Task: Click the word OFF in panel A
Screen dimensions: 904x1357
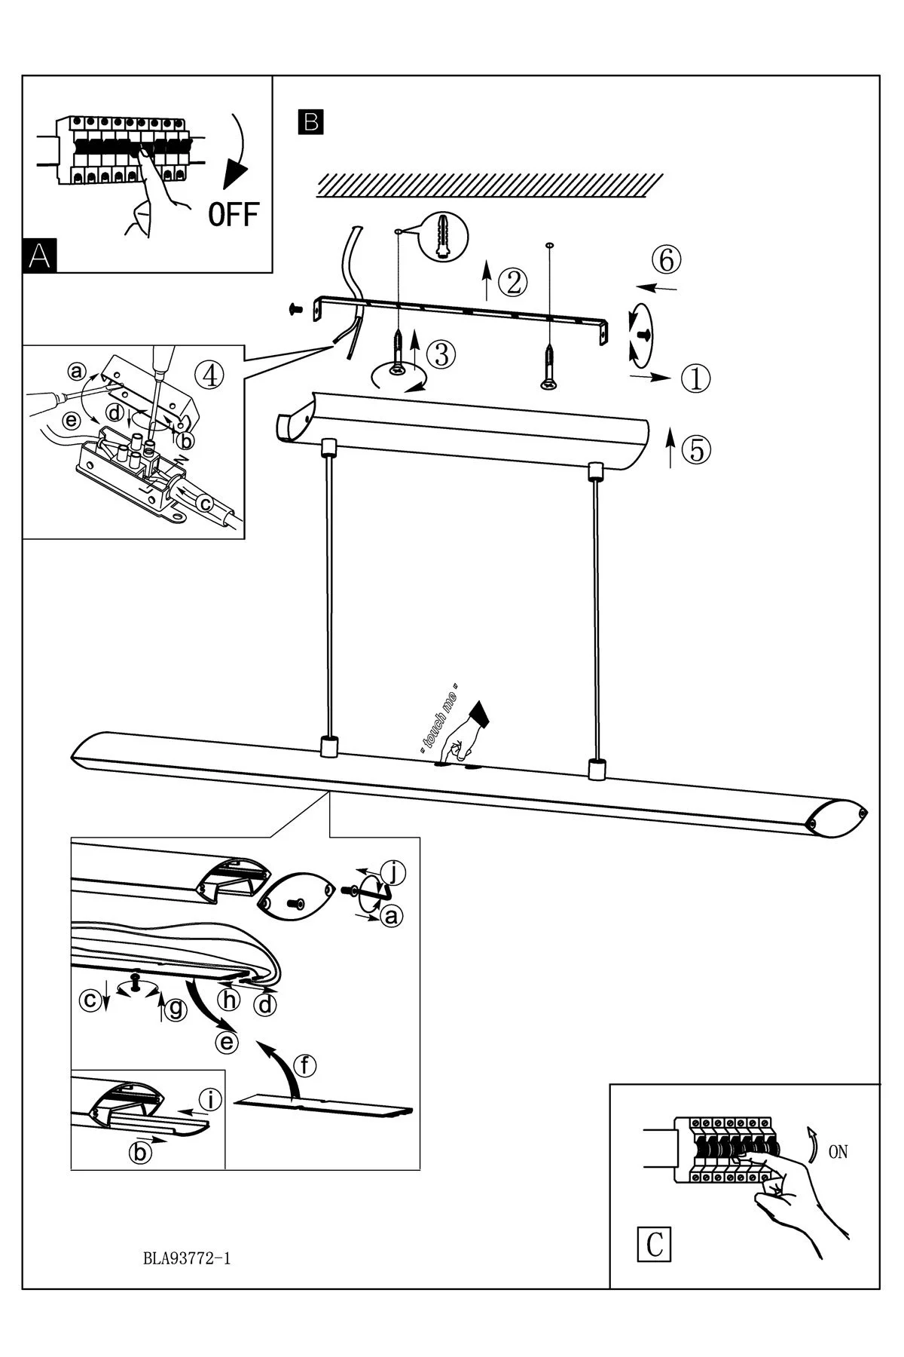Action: click(233, 215)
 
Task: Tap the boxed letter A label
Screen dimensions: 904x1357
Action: click(40, 256)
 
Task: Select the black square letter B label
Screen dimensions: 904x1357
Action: click(311, 122)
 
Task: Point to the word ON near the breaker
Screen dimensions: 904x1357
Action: click(838, 1152)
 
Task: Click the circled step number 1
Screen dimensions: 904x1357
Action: click(696, 378)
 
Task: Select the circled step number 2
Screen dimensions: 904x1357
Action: click(513, 282)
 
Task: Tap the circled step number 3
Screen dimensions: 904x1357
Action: click(441, 354)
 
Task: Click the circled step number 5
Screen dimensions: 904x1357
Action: click(696, 449)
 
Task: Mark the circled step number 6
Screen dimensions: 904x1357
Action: click(667, 260)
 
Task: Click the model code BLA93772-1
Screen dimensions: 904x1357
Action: click(186, 1257)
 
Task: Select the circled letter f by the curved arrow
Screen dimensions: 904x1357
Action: click(304, 1066)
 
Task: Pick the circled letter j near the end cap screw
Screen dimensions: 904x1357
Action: click(393, 873)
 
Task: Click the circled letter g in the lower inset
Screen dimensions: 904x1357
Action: click(176, 1009)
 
